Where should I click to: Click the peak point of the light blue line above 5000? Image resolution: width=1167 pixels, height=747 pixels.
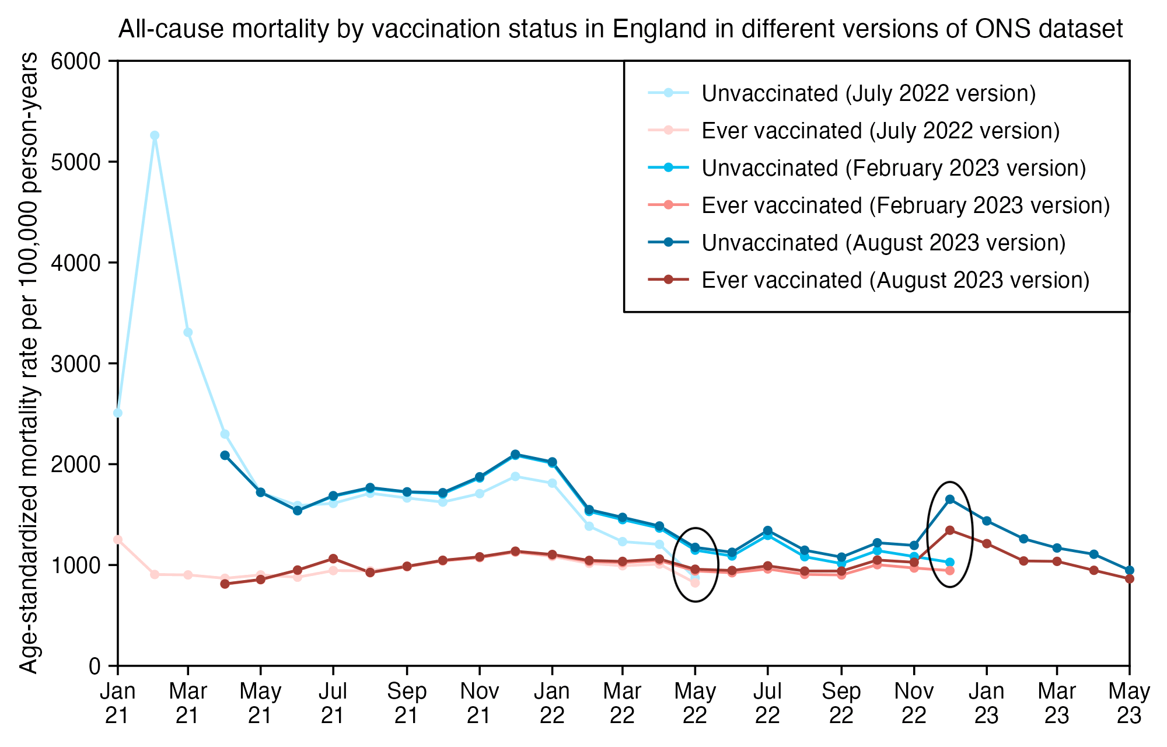click(x=155, y=135)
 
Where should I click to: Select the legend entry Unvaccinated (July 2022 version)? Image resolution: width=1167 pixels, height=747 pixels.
click(x=868, y=93)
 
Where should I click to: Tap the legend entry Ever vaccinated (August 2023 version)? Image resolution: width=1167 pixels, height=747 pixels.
click(x=895, y=280)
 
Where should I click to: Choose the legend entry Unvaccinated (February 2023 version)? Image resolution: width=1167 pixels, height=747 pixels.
click(x=893, y=168)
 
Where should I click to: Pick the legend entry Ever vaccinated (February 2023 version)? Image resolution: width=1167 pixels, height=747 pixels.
click(x=905, y=205)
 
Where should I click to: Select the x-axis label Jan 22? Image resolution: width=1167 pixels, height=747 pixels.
click(x=552, y=703)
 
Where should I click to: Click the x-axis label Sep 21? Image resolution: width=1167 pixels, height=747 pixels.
click(x=407, y=703)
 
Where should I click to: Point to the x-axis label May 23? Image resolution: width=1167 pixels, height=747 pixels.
click(x=1129, y=703)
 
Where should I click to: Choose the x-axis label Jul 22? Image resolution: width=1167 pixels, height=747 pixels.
click(x=767, y=703)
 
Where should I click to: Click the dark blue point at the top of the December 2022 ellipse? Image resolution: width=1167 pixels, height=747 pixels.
click(x=950, y=499)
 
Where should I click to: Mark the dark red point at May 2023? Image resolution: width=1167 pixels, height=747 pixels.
click(x=1130, y=579)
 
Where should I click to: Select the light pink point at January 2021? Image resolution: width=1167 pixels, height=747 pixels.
click(x=118, y=540)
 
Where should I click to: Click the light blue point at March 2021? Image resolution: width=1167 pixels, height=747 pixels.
click(x=188, y=333)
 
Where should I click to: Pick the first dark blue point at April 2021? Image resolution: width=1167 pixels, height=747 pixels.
click(x=225, y=455)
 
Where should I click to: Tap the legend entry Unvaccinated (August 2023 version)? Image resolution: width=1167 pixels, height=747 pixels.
click(x=883, y=243)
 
